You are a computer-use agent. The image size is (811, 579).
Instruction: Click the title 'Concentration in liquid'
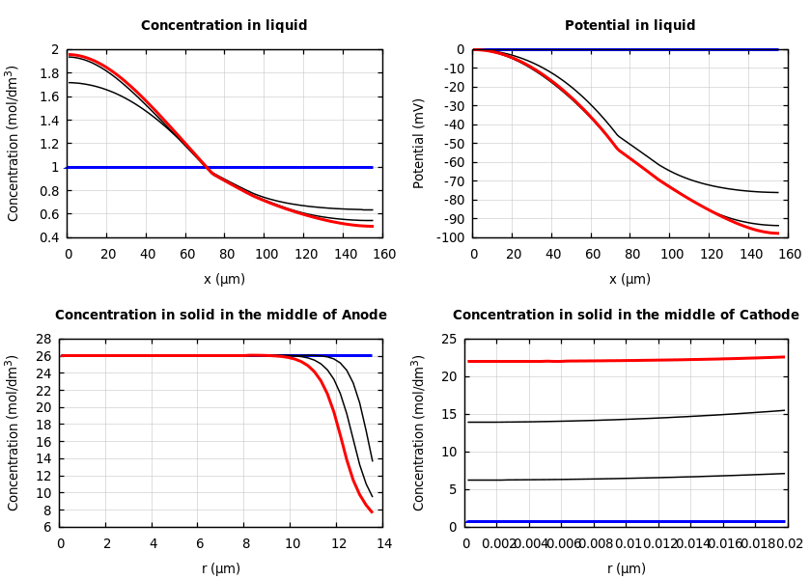(224, 26)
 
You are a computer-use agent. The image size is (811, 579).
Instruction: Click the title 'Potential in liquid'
(629, 26)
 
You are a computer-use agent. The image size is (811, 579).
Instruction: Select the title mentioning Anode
(220, 315)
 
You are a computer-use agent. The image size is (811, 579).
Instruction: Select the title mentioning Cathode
(626, 315)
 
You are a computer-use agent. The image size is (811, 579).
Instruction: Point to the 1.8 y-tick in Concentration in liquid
(49, 73)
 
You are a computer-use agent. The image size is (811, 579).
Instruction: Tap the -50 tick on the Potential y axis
(451, 144)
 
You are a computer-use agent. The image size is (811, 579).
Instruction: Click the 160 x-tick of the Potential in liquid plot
(789, 255)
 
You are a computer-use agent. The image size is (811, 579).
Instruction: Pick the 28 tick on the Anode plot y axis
(42, 339)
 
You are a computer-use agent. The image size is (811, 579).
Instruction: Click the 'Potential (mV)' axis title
(419, 143)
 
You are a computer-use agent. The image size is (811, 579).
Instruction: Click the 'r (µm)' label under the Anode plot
(220, 568)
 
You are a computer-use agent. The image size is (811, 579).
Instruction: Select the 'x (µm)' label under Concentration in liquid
(224, 279)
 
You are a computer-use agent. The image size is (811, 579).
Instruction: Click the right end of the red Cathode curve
(783, 357)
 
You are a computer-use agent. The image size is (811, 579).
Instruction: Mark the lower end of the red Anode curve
(372, 511)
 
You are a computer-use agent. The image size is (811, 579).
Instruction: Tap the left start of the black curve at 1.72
(70, 82)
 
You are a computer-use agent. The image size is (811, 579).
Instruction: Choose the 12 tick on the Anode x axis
(336, 544)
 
